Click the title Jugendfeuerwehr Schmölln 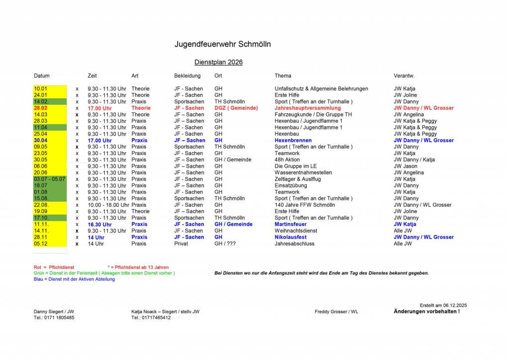tap(222, 44)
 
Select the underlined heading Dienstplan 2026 tap(218, 62)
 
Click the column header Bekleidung tap(187, 76)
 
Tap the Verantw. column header tap(404, 76)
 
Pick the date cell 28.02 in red tap(41, 108)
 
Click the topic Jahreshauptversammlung tap(308, 108)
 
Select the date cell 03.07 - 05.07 tap(49, 179)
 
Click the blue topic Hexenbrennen tap(293, 140)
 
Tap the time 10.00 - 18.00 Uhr tap(108, 205)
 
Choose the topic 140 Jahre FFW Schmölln tap(305, 205)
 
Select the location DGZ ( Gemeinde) tap(236, 108)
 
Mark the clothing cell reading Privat tap(181, 244)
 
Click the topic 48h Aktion tap(287, 160)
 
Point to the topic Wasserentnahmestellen tap(303, 173)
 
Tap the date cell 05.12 tap(41, 244)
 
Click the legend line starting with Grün tap(104, 273)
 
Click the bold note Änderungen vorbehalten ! tap(426, 312)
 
